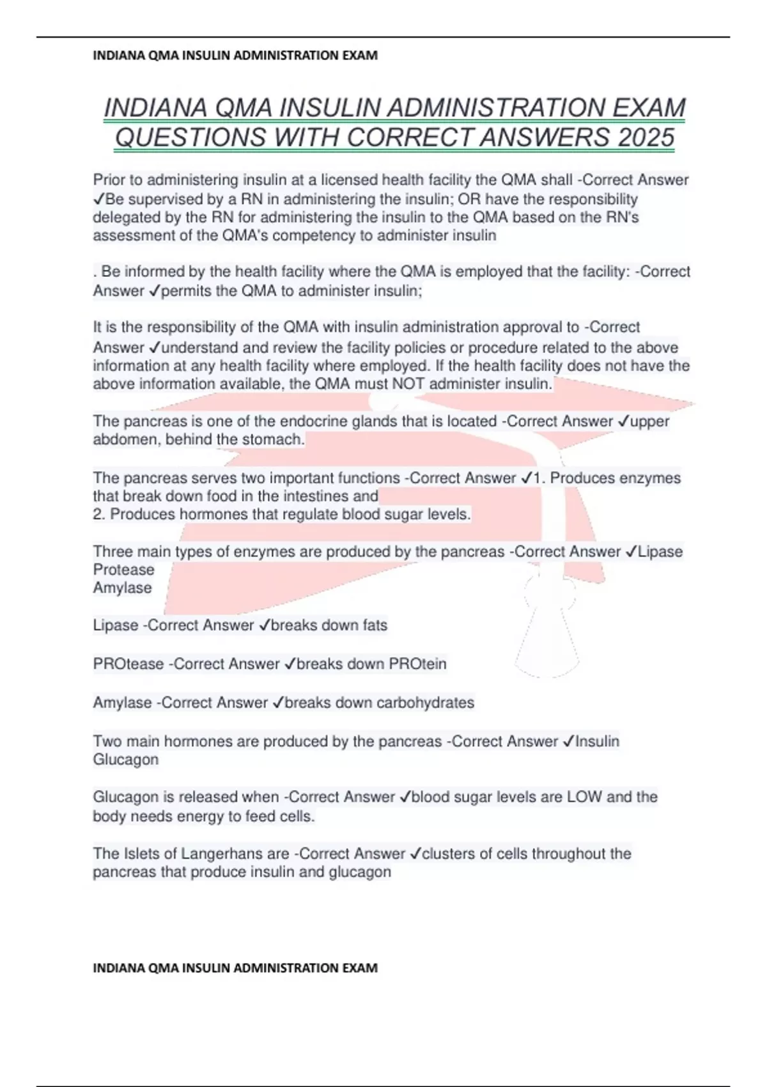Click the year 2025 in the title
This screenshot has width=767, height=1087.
pyautogui.click(x=646, y=137)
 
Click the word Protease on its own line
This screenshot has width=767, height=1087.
pyautogui.click(x=123, y=570)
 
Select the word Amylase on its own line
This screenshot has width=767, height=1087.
pyautogui.click(x=122, y=588)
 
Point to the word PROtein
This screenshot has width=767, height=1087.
pyautogui.click(x=417, y=664)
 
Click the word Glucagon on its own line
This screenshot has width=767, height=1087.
pyautogui.click(x=125, y=760)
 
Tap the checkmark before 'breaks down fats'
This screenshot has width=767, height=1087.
pyautogui.click(x=265, y=625)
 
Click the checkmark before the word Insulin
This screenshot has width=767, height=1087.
pyautogui.click(x=568, y=742)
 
